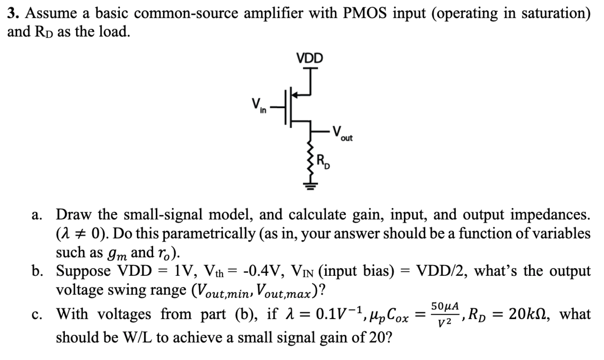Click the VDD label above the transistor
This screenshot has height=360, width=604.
309,58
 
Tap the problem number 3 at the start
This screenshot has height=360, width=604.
12,14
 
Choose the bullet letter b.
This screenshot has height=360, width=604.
37,271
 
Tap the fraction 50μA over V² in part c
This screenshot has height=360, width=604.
445,314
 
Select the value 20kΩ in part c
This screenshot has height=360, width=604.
530,314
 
